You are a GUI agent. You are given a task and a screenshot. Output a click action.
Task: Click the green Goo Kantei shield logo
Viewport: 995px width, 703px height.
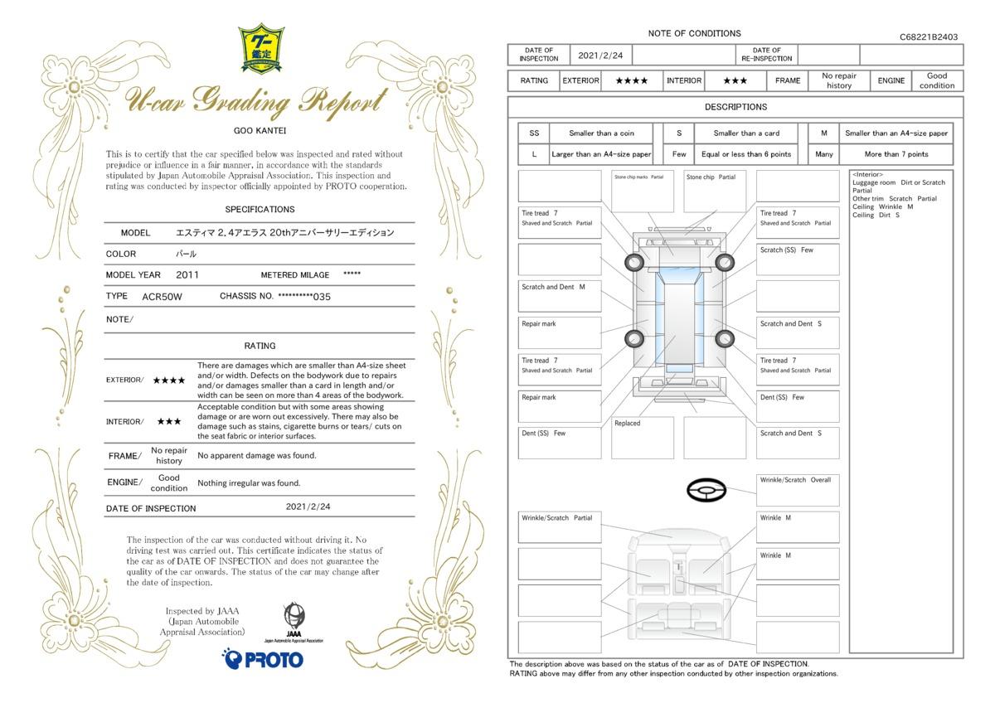261,48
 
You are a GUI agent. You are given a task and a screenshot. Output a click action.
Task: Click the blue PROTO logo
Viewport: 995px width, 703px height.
263,659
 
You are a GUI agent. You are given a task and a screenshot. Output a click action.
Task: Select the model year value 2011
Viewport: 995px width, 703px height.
187,275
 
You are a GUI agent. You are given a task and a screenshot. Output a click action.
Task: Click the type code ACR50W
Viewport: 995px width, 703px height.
162,297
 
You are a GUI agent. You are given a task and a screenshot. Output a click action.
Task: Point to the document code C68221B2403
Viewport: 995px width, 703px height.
929,36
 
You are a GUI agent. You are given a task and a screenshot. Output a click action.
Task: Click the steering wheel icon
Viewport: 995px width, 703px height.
706,490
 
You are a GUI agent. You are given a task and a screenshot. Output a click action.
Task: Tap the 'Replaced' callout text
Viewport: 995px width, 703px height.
627,424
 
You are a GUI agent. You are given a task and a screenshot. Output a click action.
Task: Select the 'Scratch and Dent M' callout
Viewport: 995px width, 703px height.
553,287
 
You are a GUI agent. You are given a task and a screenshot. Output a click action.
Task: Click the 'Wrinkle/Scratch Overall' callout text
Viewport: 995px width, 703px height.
795,480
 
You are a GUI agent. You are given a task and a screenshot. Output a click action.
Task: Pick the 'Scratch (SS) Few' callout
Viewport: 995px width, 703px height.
786,250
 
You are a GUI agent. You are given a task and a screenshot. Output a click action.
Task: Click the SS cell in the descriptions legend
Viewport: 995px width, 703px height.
534,133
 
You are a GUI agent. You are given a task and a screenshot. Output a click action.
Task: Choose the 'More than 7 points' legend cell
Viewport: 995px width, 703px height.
896,154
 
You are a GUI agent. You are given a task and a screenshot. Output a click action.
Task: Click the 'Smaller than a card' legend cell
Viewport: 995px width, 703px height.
746,133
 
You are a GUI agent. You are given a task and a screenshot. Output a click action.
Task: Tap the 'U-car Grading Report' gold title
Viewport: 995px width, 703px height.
256,102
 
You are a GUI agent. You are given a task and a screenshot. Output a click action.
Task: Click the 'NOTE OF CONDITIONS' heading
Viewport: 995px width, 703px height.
694,33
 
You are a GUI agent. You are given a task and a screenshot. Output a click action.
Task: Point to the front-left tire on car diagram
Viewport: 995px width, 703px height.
633,263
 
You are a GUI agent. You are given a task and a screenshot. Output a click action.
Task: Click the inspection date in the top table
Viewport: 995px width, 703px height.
600,56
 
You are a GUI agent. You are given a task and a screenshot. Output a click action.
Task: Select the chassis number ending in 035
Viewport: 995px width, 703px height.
304,297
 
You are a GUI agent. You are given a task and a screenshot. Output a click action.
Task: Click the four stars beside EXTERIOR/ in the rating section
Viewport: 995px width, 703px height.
169,381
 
